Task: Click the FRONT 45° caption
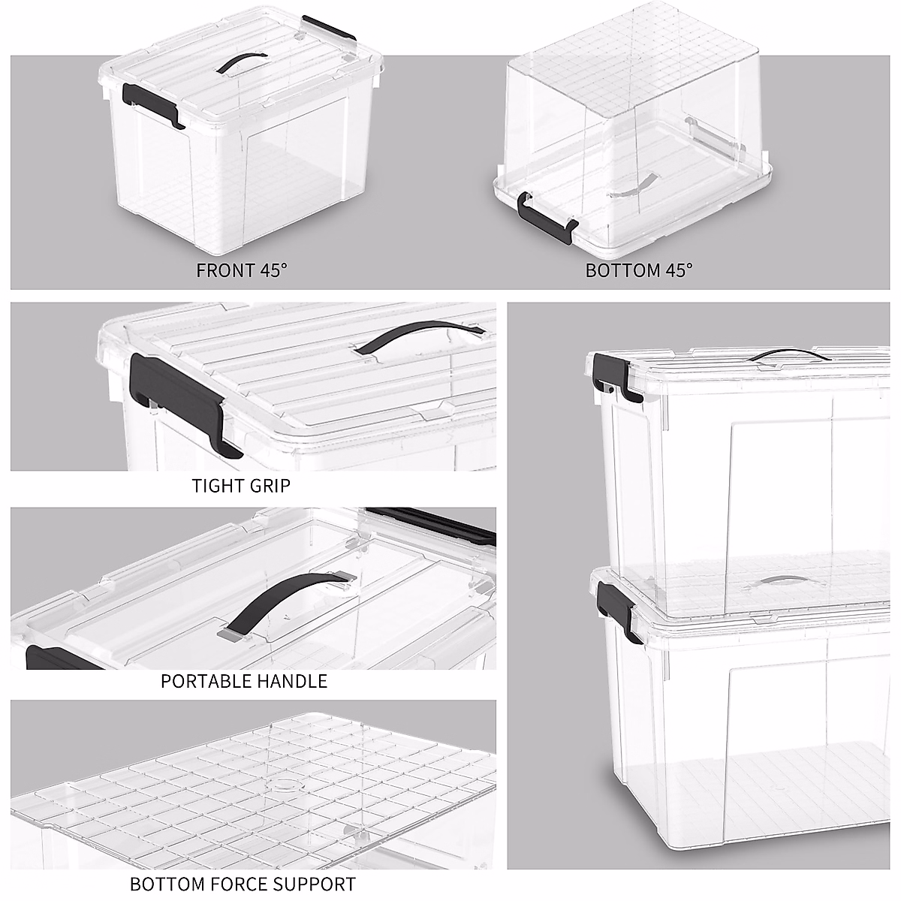point(242,270)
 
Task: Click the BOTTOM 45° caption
point(638,270)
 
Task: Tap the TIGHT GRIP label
point(240,485)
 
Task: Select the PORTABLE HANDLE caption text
point(244,681)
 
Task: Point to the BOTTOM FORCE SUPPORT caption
point(243,884)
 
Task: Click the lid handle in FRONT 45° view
point(242,62)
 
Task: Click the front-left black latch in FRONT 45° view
point(152,103)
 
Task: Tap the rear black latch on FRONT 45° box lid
point(328,28)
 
